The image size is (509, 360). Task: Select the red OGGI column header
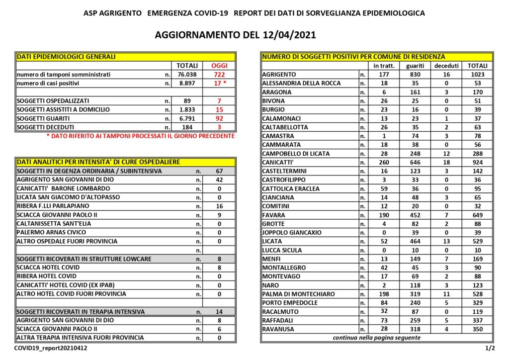[x=219, y=66]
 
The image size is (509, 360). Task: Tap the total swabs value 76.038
[x=187, y=75]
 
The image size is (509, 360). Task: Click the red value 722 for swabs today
[x=219, y=75]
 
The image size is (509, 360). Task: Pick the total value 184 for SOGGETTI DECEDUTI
[x=187, y=127]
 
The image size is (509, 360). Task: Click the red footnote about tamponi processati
[x=140, y=136]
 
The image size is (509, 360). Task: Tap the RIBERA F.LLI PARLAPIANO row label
[x=54, y=206]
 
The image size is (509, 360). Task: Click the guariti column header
[x=415, y=66]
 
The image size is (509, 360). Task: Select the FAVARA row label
[x=274, y=215]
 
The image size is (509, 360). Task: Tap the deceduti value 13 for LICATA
[x=445, y=241]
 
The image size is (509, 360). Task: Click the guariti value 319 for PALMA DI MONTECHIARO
[x=415, y=294]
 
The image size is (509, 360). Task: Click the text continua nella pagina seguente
[x=376, y=338]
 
